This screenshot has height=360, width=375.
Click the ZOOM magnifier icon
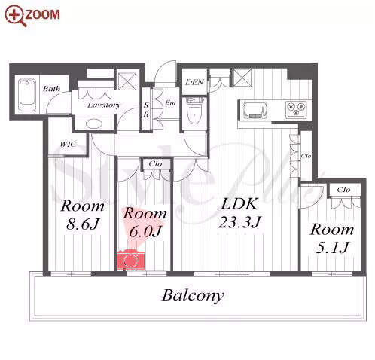point(16,16)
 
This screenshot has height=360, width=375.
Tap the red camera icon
point(130,260)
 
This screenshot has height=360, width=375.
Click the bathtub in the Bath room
point(27,96)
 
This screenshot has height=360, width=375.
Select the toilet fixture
point(195,111)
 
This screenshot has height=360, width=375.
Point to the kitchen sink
point(254,110)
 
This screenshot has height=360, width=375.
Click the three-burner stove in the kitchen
point(296,110)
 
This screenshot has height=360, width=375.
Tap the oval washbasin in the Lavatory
point(94,124)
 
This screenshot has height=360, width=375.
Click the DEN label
point(194,82)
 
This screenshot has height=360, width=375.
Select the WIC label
point(69,144)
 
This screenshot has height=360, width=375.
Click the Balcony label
point(193,296)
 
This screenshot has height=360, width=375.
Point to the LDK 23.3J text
point(240,213)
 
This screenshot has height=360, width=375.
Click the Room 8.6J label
point(82,215)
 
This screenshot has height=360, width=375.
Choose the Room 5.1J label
point(332,238)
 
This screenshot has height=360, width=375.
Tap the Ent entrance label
point(170,102)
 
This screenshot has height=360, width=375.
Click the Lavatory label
point(104,105)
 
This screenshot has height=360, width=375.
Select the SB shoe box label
point(146,110)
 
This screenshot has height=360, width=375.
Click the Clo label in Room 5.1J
point(343,190)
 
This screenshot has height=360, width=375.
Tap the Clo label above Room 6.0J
point(155,164)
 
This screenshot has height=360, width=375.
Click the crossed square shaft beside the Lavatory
point(127,81)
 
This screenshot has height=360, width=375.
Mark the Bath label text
point(51,89)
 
